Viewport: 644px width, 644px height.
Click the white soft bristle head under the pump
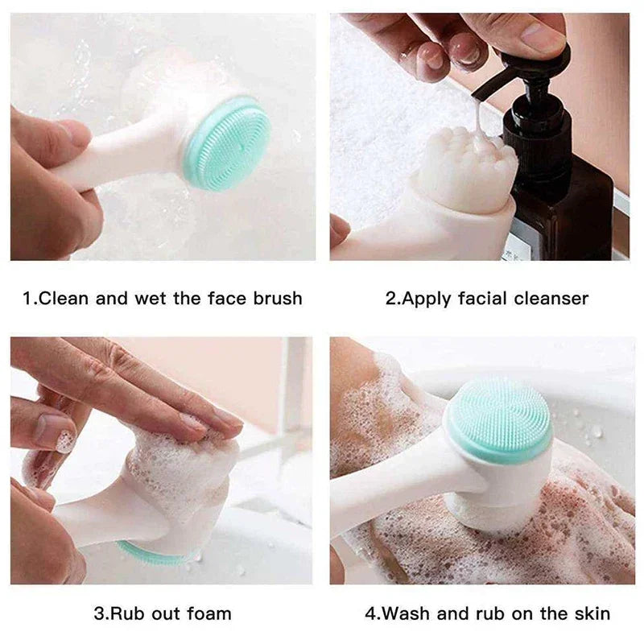coord(467,169)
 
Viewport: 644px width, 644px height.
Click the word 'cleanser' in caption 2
coord(550,299)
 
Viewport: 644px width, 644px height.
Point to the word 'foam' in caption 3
coord(209,613)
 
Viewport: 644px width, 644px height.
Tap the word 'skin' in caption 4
coord(592,613)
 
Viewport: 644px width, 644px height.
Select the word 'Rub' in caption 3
coord(129,613)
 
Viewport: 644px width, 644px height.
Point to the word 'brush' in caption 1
coord(275,299)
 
